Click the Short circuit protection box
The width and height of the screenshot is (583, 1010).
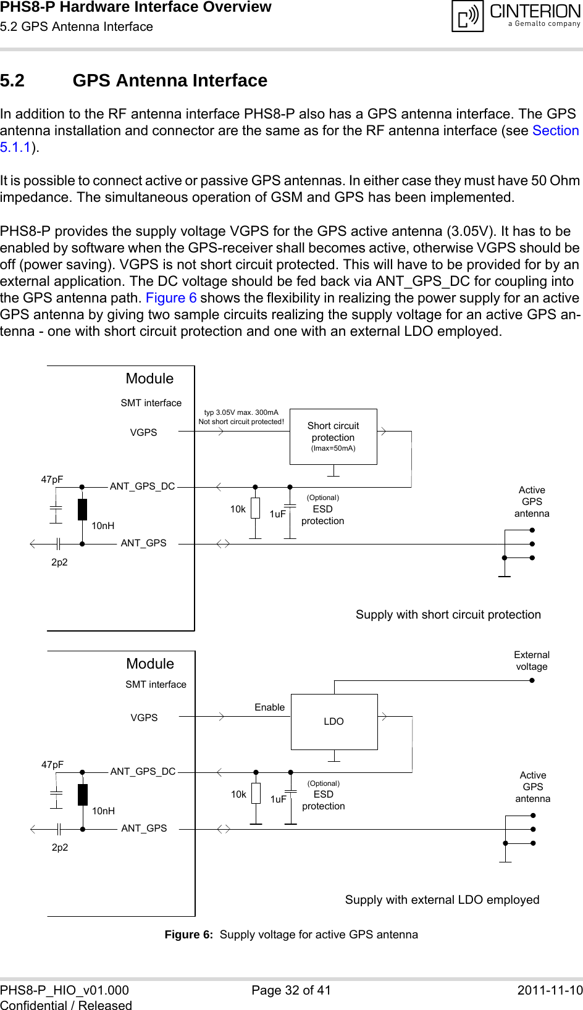click(333, 436)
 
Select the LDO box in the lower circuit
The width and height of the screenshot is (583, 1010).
click(334, 721)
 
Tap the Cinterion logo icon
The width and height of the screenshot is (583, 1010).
click(468, 16)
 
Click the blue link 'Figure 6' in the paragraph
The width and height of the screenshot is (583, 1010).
click(171, 298)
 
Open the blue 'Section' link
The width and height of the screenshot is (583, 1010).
click(555, 130)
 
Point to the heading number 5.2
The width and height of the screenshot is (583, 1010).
click(12, 80)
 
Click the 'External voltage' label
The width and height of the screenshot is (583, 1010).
click(532, 661)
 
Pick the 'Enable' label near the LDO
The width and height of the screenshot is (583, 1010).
click(270, 707)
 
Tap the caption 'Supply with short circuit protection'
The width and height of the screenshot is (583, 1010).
click(448, 614)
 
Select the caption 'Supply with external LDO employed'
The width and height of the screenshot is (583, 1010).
click(442, 899)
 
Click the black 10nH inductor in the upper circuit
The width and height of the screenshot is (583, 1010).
click(82, 509)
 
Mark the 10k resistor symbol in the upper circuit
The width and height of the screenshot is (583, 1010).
click(255, 508)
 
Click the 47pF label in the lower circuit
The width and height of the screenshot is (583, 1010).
click(52, 764)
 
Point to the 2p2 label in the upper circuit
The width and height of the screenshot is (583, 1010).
click(59, 562)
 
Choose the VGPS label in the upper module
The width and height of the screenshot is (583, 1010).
click(143, 432)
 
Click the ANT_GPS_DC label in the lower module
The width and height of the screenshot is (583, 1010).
click(143, 771)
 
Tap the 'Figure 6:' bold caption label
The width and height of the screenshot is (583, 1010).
click(188, 934)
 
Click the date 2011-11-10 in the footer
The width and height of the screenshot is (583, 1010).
click(550, 990)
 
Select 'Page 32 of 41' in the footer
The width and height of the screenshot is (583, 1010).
click(291, 990)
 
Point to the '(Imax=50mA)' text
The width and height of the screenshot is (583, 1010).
click(333, 448)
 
